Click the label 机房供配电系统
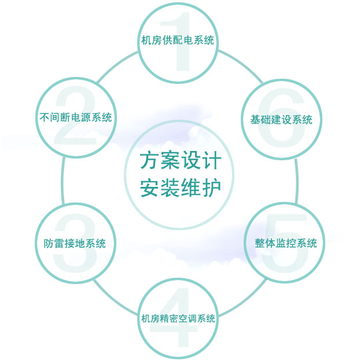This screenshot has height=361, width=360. [178, 40]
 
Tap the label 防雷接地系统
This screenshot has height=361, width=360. [75, 244]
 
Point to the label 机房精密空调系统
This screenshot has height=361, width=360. [178, 319]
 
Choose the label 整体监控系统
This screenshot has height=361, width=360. [286, 244]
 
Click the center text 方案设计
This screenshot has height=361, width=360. [180, 161]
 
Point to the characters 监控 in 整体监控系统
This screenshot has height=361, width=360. [286, 244]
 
